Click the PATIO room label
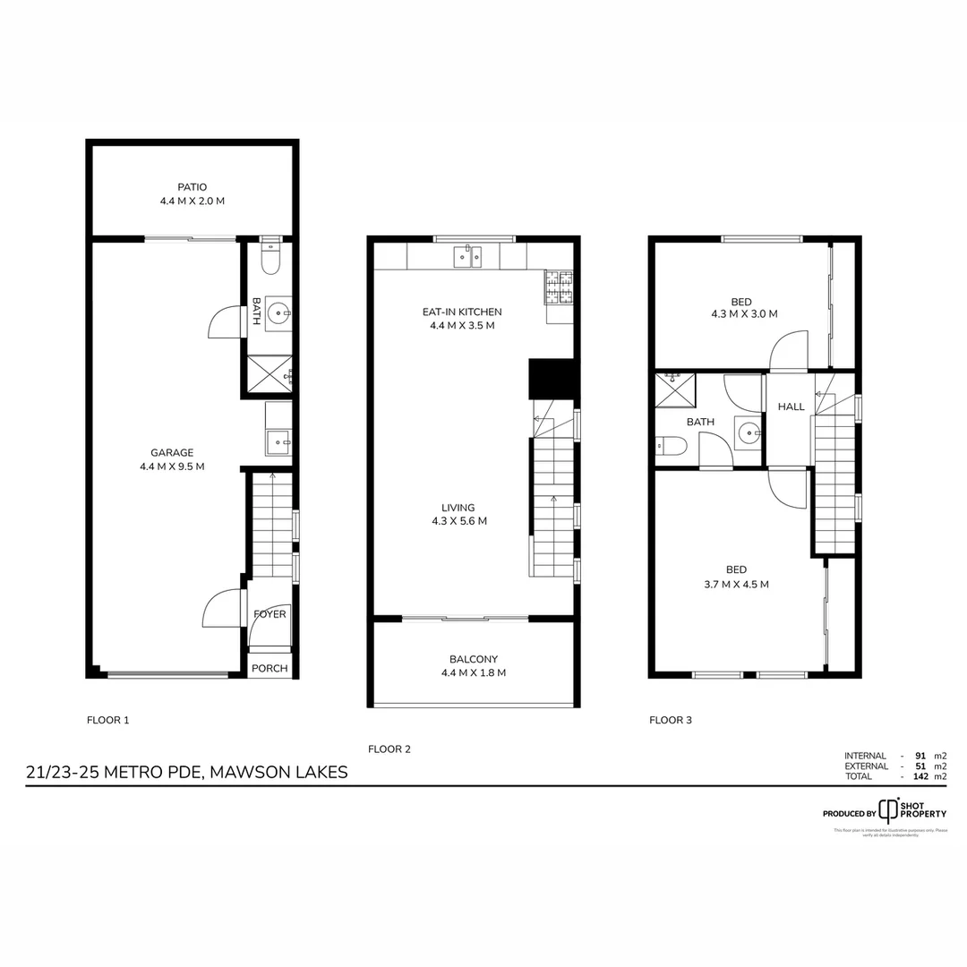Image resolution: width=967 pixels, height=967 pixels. pyautogui.click(x=192, y=187)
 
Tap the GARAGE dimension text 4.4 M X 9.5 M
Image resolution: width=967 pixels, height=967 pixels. pyautogui.click(x=172, y=466)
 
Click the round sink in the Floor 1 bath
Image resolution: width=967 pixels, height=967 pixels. pyautogui.click(x=278, y=313)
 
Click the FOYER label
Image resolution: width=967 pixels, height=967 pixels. pyautogui.click(x=270, y=614)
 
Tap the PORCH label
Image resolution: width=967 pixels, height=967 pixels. pyautogui.click(x=270, y=668)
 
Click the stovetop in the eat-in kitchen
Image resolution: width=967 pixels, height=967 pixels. pyautogui.click(x=559, y=287)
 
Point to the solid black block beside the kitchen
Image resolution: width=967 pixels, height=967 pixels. pyautogui.click(x=551, y=379)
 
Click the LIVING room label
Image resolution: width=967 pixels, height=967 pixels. pyautogui.click(x=458, y=508)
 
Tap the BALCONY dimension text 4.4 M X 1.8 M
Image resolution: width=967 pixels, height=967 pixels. pyautogui.click(x=474, y=673)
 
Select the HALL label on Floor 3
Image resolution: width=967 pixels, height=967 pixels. pyautogui.click(x=791, y=406)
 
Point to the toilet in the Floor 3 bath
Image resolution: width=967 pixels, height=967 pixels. pyautogui.click(x=671, y=445)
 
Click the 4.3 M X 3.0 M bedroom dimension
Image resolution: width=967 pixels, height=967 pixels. pyautogui.click(x=743, y=314)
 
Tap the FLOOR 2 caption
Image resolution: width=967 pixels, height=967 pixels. pyautogui.click(x=389, y=749)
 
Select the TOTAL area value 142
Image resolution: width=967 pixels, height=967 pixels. pyautogui.click(x=918, y=776)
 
